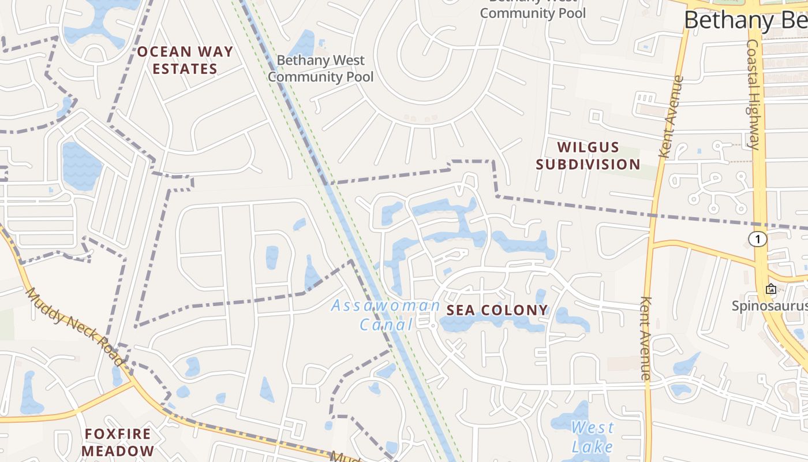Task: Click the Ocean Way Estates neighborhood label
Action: [x=185, y=60]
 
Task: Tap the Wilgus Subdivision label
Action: [x=588, y=156]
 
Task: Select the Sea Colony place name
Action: [x=497, y=310]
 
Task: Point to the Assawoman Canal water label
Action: [x=386, y=315]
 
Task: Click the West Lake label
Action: [x=592, y=437]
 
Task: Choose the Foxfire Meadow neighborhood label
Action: [x=118, y=442]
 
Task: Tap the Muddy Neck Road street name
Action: [x=74, y=326]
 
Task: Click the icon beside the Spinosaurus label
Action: [x=770, y=289]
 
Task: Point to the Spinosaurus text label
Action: [x=770, y=305]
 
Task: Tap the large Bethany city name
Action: [x=745, y=20]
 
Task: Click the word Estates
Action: [x=185, y=69]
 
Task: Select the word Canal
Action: [x=386, y=325]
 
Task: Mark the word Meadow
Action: [x=118, y=451]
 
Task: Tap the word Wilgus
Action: [x=588, y=147]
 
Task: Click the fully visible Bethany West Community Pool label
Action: [x=321, y=68]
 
